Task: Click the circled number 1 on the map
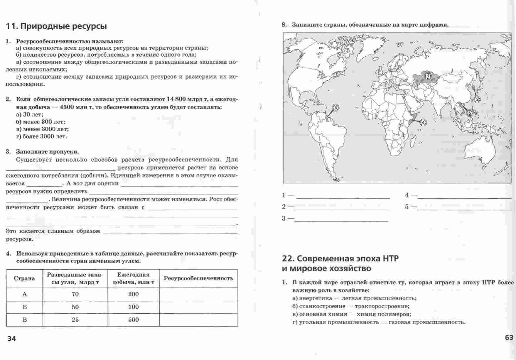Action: coord(428,76)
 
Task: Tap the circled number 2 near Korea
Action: coord(477,99)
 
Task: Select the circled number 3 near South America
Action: coord(336,108)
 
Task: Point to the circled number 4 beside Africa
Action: coord(423,122)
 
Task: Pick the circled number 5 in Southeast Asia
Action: coord(469,113)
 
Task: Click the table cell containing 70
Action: coord(75,294)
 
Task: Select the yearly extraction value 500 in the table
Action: coord(134,320)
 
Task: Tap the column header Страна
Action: coord(24,278)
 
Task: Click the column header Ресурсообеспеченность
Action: coord(198,278)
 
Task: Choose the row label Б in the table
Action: coord(24,307)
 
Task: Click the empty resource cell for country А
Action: coord(198,294)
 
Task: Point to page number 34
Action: coord(12,339)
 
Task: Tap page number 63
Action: coord(509,338)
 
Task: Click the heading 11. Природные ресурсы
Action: coord(56,26)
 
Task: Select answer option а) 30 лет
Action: coord(30,114)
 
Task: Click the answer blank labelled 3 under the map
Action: coord(341,219)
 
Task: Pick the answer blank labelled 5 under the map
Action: coord(464,207)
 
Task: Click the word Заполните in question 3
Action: coord(32,152)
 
